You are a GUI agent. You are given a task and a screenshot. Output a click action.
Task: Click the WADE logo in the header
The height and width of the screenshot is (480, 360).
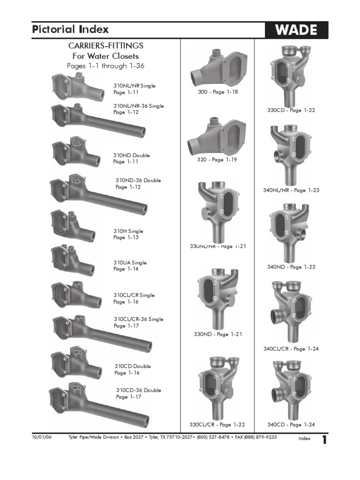pos(296,30)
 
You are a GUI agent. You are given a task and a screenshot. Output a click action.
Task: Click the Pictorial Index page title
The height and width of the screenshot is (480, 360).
pos(70,30)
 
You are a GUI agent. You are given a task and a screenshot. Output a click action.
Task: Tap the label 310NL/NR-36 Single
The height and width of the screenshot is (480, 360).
pos(139,106)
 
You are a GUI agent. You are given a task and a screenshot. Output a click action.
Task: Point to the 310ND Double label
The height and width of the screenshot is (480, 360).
pos(132,155)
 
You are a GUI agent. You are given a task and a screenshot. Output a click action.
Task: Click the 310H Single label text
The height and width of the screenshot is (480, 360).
pos(128,231)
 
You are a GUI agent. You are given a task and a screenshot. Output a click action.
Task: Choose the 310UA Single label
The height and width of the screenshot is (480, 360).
pos(130,263)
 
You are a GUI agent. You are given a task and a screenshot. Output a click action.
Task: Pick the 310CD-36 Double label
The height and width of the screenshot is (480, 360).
pos(139,390)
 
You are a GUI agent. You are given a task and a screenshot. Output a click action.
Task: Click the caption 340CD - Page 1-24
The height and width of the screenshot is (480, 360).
pos(291,425)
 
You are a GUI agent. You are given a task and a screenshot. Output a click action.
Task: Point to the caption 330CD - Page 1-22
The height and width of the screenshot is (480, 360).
pos(291,110)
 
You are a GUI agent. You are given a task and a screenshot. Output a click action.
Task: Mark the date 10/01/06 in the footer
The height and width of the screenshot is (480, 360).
pos(40,437)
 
